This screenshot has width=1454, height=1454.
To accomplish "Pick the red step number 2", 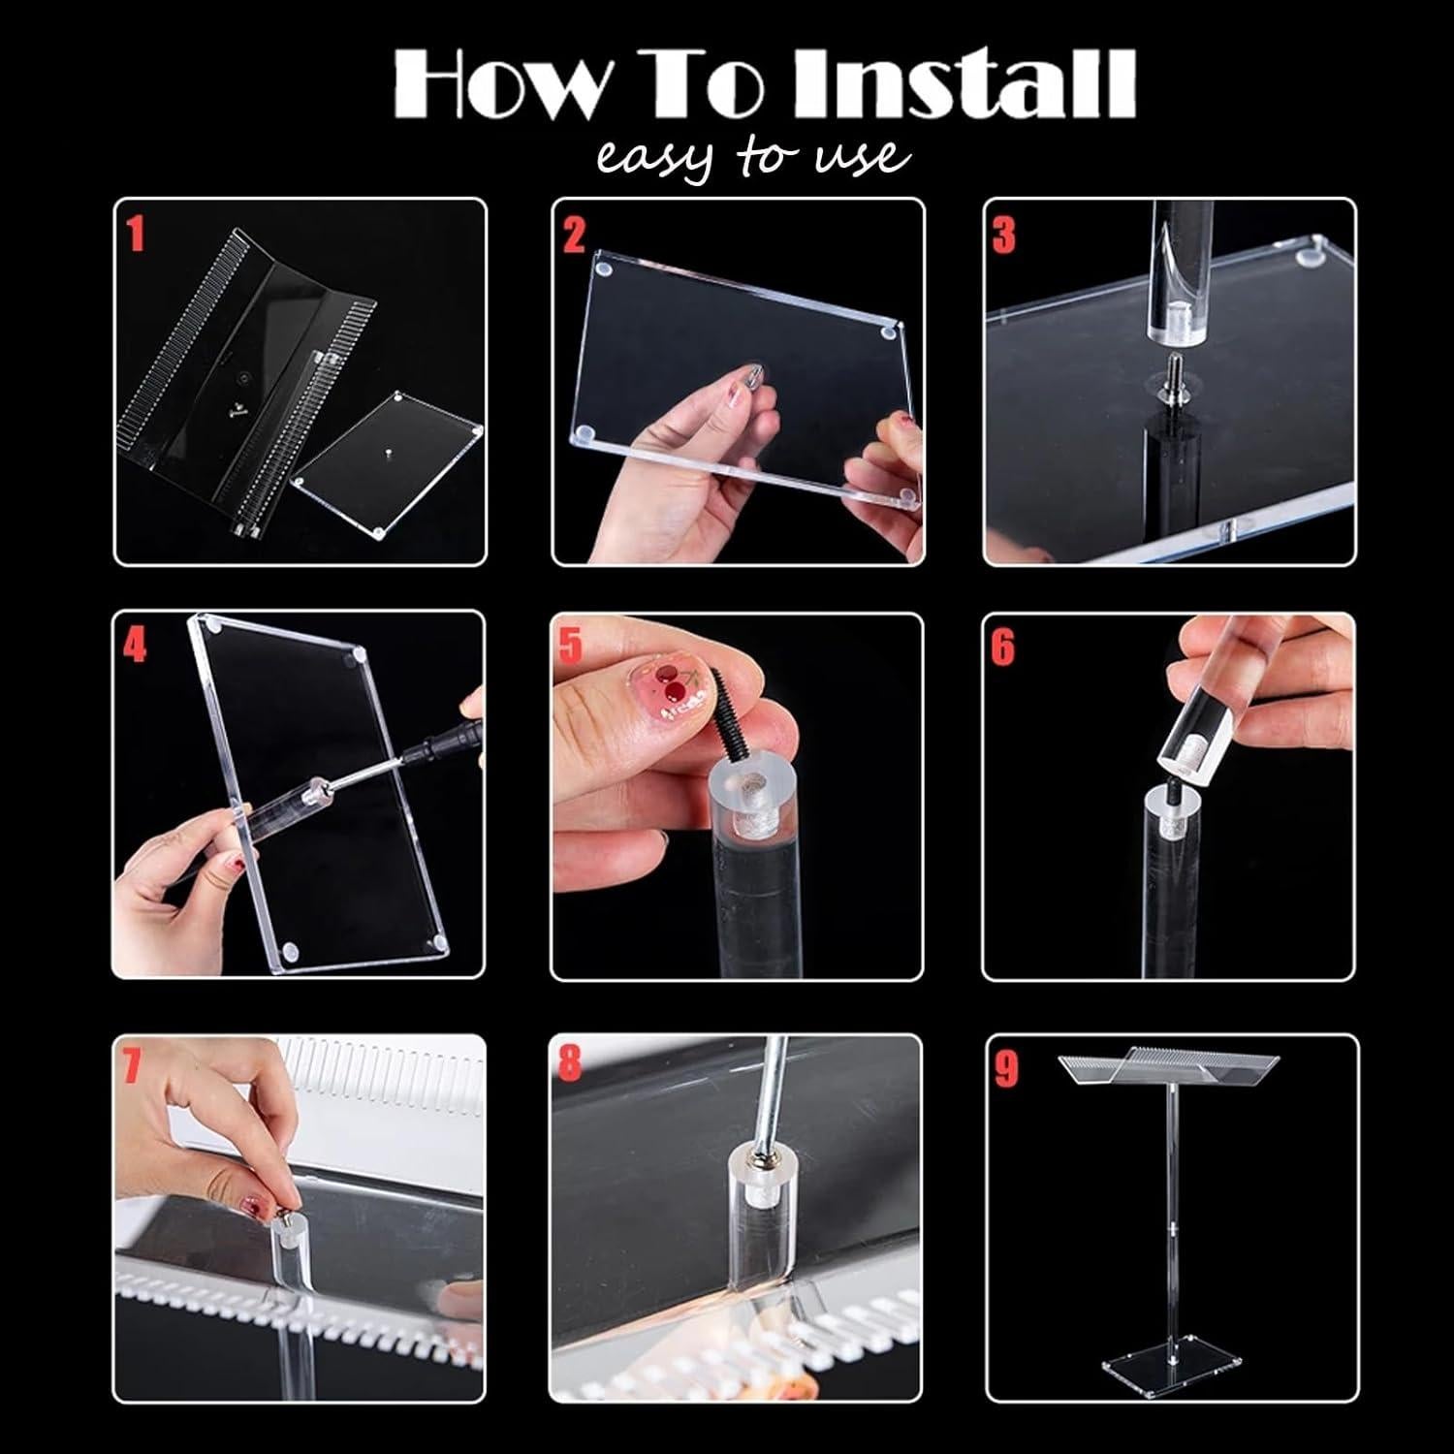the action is tap(574, 236).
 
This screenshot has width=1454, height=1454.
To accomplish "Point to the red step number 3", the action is tap(1004, 236).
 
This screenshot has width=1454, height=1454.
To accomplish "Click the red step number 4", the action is tap(135, 646).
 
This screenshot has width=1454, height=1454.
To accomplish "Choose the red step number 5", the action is tap(572, 647).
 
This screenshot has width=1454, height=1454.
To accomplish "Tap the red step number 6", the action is tap(1003, 648).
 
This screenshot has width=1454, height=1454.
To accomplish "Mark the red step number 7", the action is tap(133, 1066).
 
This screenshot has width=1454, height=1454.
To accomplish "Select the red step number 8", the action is tap(570, 1062).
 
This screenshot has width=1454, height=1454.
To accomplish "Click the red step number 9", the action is tap(1006, 1069).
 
